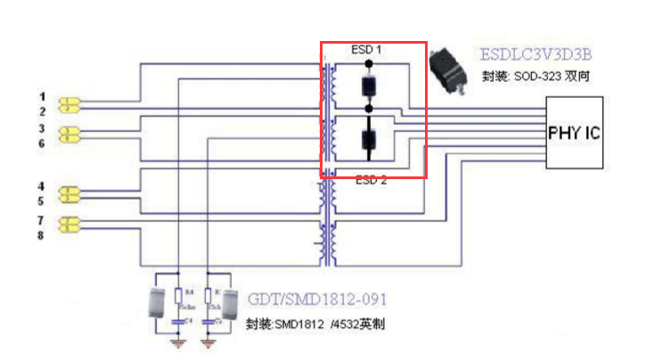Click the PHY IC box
coord(573,135)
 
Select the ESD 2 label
coord(372,180)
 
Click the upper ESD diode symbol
coord(367,86)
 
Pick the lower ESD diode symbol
coord(367,140)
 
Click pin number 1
coord(41,95)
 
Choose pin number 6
coord(41,143)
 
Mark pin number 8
coord(41,235)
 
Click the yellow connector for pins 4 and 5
coord(69,193)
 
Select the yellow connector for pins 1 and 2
coord(69,105)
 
